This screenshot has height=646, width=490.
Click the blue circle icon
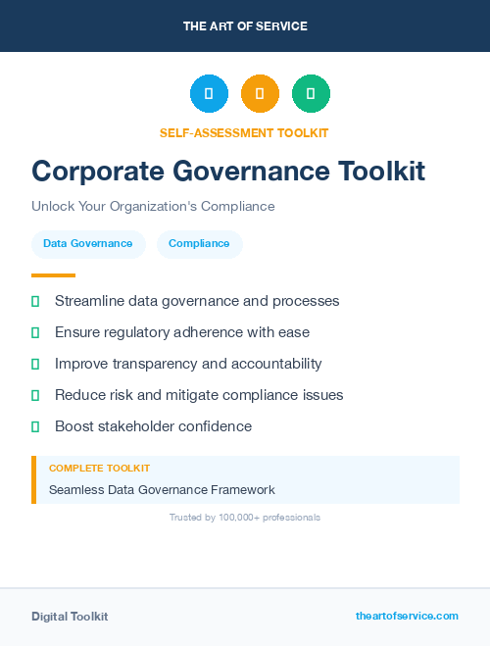[209, 93]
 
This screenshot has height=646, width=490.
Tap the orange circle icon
[260, 93]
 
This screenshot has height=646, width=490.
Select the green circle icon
[311, 93]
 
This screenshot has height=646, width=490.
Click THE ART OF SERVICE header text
[245, 26]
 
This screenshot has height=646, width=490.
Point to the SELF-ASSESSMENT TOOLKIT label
[244, 132]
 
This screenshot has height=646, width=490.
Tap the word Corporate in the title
[95, 172]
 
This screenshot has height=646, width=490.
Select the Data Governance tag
[88, 244]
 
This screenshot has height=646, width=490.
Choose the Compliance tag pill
[199, 244]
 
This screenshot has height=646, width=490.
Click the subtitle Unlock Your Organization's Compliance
[153, 207]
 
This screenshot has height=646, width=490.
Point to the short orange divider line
[53, 275]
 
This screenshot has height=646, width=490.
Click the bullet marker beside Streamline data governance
[35, 301]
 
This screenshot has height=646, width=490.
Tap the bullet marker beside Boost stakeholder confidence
[35, 426]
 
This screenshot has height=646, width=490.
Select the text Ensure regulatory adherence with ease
[182, 332]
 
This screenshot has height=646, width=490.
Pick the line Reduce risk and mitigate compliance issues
[199, 395]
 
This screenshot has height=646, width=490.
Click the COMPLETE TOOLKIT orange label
[99, 469]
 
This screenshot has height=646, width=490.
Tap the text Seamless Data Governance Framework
[162, 489]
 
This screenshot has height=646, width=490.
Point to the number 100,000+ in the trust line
[243, 517]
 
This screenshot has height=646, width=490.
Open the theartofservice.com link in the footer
[407, 616]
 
